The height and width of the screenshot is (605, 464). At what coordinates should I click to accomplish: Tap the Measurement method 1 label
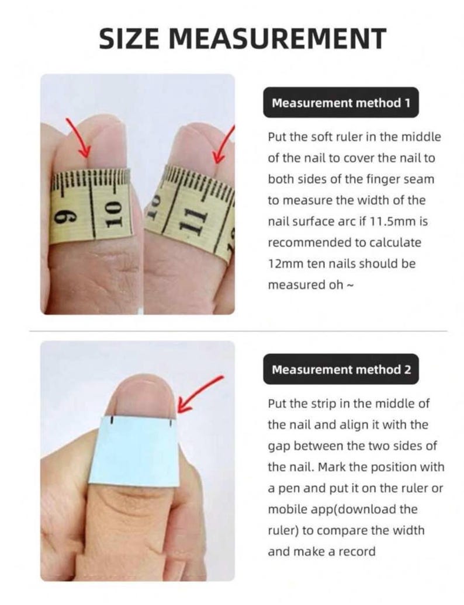pyautogui.click(x=341, y=103)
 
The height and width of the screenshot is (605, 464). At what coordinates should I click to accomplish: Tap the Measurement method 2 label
pyautogui.click(x=341, y=370)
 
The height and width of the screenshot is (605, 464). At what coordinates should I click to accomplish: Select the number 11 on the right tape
pyautogui.click(x=193, y=221)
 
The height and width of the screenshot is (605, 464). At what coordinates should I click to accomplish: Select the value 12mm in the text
pyautogui.click(x=282, y=263)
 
